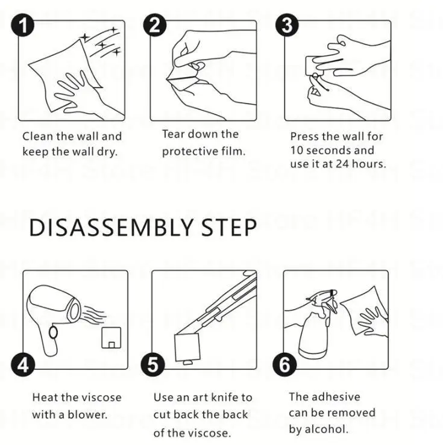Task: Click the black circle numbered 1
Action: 23,25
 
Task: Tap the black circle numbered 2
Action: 155,25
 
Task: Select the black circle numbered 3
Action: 287,25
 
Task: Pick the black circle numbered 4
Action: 23,365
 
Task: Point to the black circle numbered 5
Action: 152,365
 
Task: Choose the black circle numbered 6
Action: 285,365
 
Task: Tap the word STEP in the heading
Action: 229,228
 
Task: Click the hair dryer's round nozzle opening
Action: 74,311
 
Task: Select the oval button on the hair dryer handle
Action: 53,332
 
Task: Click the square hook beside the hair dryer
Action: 112,338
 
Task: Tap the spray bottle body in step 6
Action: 313,334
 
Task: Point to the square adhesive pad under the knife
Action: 187,347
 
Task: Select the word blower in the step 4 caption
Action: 87,415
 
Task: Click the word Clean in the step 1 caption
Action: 38,136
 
